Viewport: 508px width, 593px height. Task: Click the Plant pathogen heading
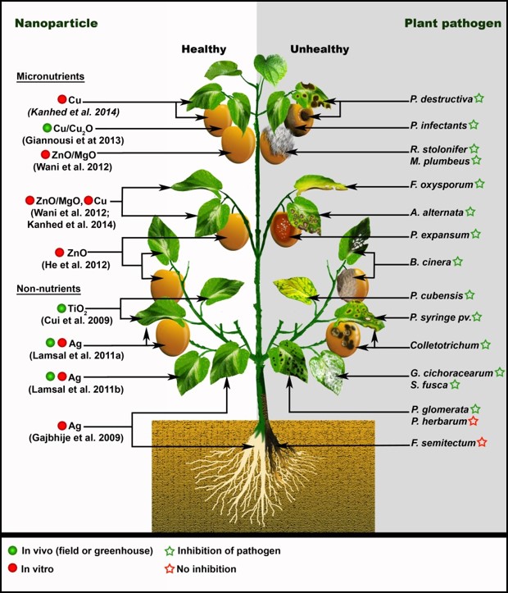[452, 24]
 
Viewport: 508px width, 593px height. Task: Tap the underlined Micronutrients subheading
[51, 77]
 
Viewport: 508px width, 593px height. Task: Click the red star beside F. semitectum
[482, 443]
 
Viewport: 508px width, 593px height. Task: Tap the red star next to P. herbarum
[475, 421]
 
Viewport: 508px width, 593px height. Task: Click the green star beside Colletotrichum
[486, 344]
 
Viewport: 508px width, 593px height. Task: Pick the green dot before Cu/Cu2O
[48, 128]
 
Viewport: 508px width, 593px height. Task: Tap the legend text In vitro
[39, 568]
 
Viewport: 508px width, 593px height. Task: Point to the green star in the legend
[170, 550]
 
